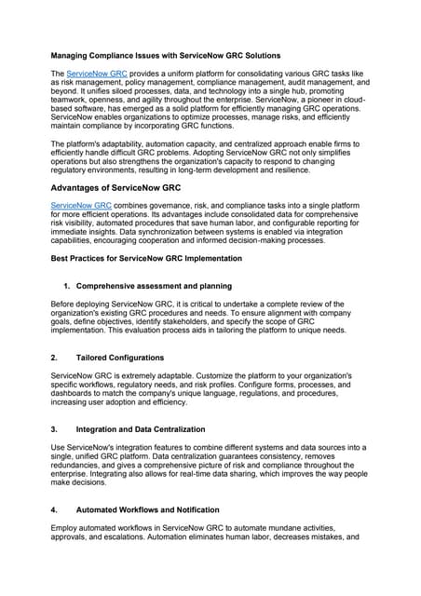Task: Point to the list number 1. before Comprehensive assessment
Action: pos(67,286)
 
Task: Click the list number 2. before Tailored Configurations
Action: pos(54,358)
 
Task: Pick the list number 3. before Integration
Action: pos(54,429)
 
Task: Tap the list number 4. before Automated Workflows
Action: pos(54,510)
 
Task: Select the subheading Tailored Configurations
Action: pos(119,358)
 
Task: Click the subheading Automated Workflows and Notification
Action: pos(147,510)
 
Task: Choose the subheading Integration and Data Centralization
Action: pos(141,429)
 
